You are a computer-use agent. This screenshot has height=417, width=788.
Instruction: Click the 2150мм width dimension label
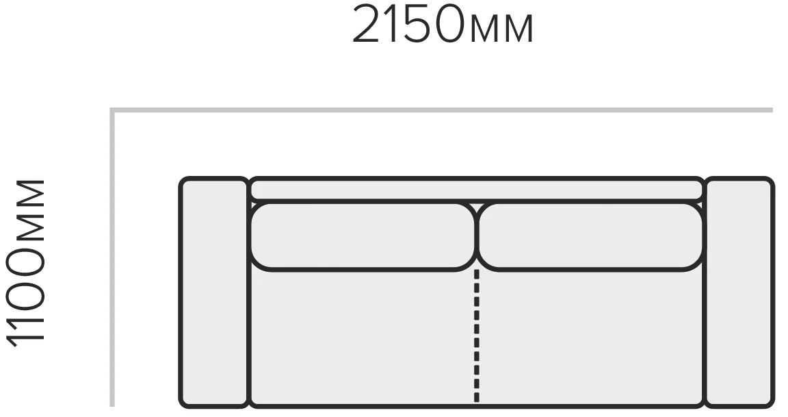tap(443, 24)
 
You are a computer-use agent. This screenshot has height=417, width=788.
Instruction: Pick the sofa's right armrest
tap(739, 292)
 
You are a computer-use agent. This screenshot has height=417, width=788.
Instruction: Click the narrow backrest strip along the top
tap(476, 189)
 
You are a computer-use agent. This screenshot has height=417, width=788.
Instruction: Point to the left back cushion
tap(363, 236)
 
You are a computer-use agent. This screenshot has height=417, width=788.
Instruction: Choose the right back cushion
tap(591, 236)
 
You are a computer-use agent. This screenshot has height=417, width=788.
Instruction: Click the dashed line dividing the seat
tap(476, 337)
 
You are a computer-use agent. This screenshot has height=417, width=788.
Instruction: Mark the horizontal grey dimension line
tap(441, 110)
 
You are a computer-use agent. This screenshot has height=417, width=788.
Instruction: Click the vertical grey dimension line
tap(113, 257)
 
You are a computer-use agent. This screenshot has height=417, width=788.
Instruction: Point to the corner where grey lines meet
tap(113, 110)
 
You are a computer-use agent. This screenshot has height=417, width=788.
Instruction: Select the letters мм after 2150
tap(502, 29)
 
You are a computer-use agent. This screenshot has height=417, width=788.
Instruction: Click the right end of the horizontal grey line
tap(772, 110)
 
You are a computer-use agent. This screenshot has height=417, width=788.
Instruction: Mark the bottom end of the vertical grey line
tap(113, 406)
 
